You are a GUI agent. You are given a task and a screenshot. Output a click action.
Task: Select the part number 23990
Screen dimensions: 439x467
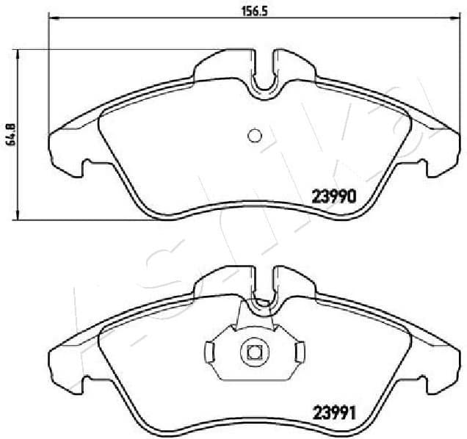(336, 196)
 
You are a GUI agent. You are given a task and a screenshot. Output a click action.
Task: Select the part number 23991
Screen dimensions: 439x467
(336, 412)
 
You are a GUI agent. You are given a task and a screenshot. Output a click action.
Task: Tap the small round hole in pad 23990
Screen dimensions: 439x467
(255, 135)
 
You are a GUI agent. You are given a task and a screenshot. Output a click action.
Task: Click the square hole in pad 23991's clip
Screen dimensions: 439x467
(255, 351)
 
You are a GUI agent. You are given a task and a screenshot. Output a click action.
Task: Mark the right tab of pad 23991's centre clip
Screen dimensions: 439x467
(300, 351)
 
